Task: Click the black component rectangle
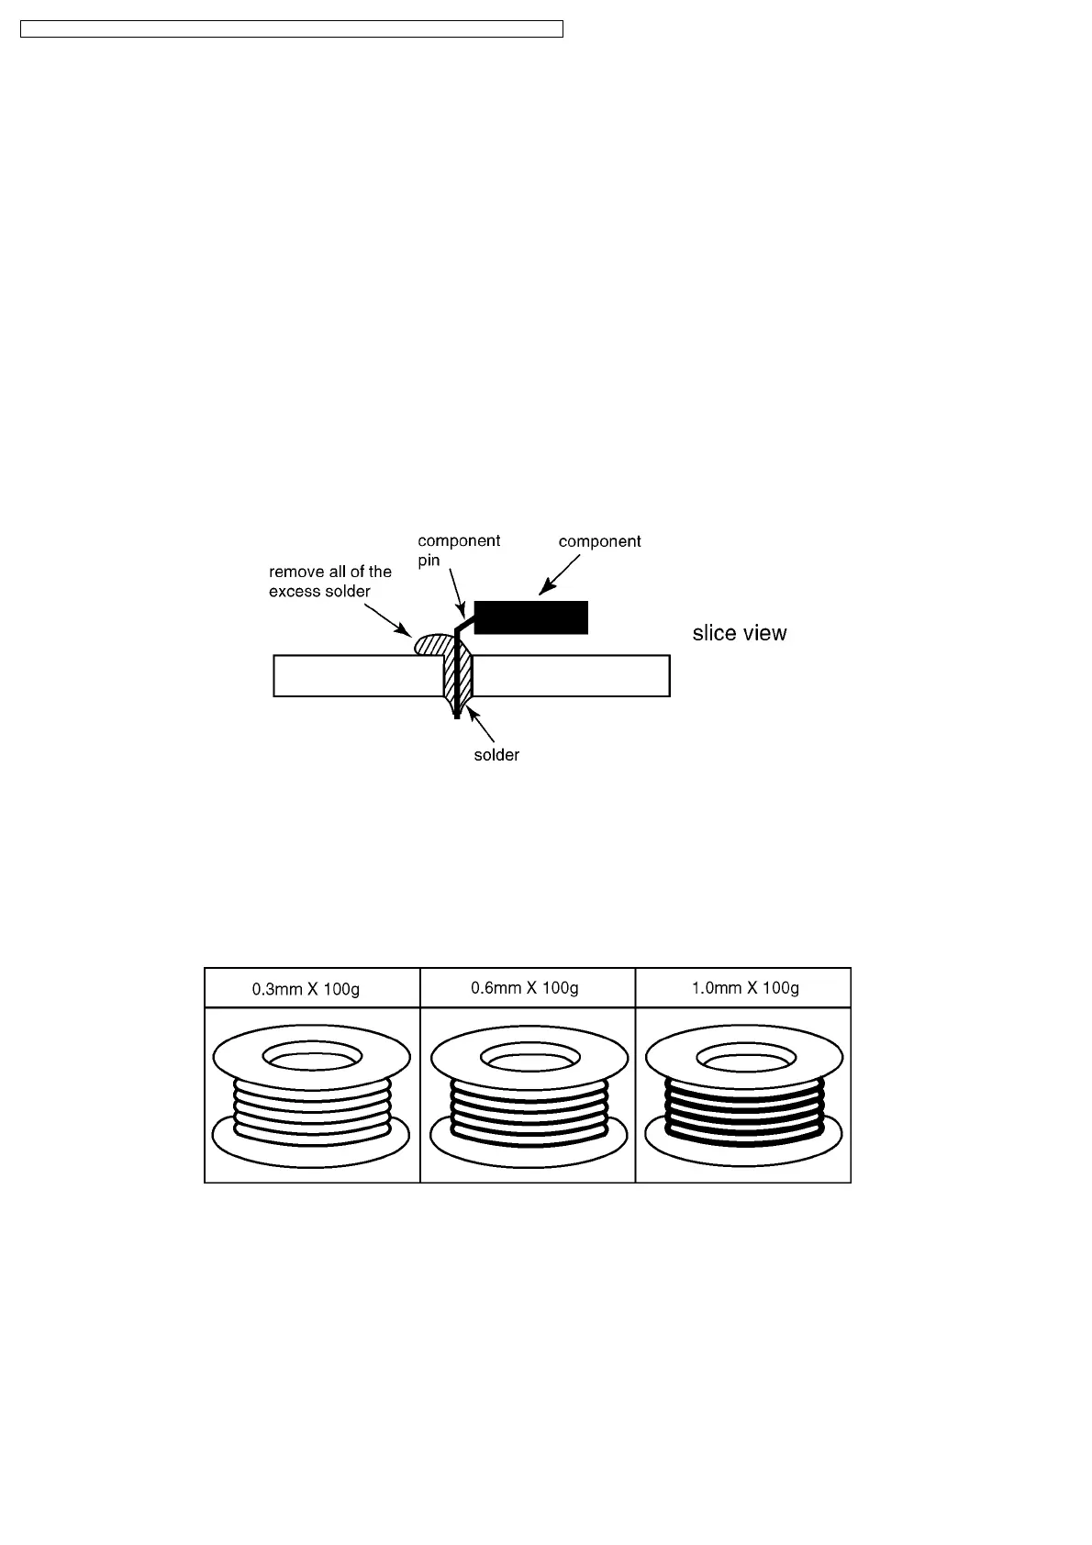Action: [531, 617]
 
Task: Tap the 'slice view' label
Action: [740, 633]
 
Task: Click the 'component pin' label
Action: [458, 550]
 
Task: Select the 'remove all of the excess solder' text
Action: [329, 582]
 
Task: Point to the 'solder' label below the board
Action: [496, 755]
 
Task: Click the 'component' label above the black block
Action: [599, 541]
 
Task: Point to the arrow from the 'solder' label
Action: [481, 726]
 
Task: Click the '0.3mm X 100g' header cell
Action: [312, 989]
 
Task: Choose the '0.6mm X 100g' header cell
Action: [528, 988]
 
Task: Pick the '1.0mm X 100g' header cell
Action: [744, 988]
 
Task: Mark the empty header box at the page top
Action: [291, 29]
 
